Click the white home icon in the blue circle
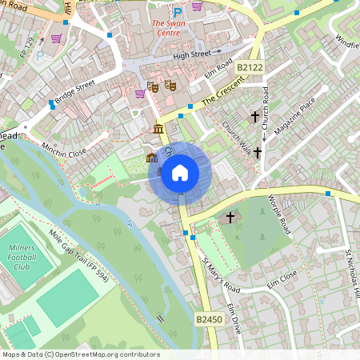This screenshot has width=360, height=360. click(180, 173)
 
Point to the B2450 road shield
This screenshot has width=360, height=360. click(207, 318)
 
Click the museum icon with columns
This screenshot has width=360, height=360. click(158, 129)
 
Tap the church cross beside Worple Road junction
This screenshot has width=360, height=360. click(230, 217)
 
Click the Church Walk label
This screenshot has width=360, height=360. click(238, 137)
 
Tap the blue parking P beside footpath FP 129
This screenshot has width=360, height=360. click(40, 56)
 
